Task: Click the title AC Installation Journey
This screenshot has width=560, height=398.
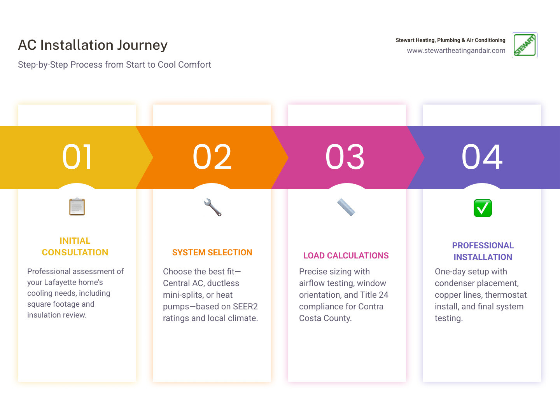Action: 93,45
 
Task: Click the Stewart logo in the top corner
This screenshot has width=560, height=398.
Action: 524,45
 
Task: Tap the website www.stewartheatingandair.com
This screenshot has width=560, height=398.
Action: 456,51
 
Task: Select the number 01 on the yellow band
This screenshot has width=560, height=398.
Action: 77,157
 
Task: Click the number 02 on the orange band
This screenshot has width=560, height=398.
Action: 212,157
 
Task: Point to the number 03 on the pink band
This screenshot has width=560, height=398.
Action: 345,157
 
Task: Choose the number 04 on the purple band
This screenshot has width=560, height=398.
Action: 482,157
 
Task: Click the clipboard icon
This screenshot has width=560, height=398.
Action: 77,207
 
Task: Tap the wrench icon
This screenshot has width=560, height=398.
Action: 212,207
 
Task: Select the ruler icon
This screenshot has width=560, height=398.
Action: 346,207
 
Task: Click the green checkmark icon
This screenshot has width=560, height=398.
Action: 483,208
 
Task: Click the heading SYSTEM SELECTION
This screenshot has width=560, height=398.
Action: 212,253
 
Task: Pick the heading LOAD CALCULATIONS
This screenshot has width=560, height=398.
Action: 346,256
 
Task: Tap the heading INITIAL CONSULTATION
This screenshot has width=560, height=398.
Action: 75,247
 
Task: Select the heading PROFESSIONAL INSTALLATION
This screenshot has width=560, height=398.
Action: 483,251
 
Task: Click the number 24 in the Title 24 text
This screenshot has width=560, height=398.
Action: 383,295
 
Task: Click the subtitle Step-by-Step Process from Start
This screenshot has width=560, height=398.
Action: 114,65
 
